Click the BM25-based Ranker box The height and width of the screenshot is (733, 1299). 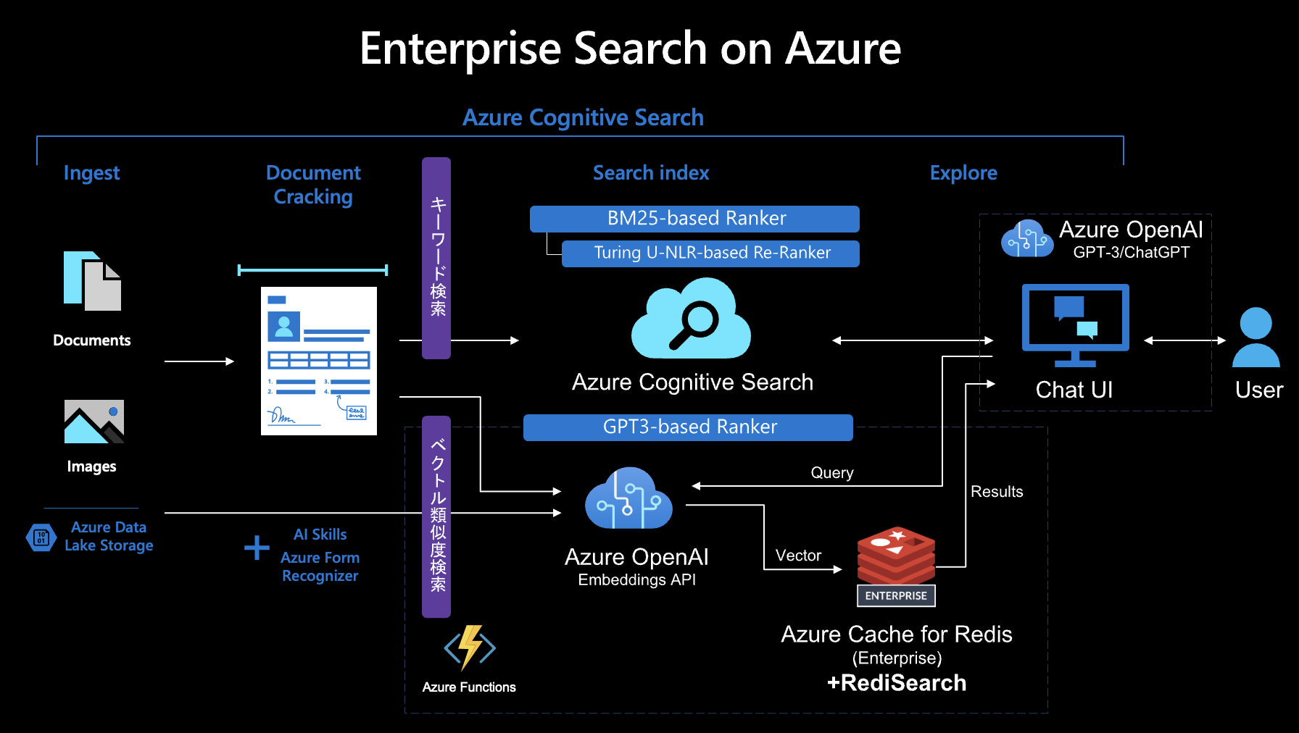pos(694,219)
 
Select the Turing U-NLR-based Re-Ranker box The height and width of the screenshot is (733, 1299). pos(710,254)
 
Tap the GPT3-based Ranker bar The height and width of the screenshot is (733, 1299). pos(688,427)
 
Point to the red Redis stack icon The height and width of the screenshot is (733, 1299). pos(896,555)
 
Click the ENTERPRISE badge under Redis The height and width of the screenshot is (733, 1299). pos(896,596)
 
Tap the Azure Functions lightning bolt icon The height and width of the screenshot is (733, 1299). pos(470,647)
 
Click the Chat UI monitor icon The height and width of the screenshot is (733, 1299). pos(1075,324)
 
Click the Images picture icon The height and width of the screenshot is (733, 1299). pos(94,422)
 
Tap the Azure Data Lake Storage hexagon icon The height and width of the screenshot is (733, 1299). pos(41,537)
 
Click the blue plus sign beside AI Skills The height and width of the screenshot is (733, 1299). pos(257,548)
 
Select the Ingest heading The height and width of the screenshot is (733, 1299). pos(91,173)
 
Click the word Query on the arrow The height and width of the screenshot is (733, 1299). pos(831,473)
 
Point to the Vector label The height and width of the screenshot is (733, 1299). pos(798,556)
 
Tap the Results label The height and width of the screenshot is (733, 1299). pos(996,492)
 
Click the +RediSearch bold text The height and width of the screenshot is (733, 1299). pos(896,683)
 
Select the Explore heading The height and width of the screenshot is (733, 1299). pos(963,173)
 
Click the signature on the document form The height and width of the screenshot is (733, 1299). pos(281,416)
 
